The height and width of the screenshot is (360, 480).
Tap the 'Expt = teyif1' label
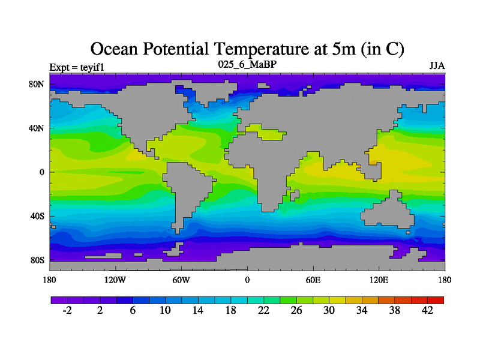(x=77, y=67)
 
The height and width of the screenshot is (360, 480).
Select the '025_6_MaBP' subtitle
(x=247, y=64)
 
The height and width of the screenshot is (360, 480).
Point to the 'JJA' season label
(x=437, y=65)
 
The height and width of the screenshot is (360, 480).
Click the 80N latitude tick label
(x=37, y=84)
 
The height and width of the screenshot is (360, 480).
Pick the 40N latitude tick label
(x=37, y=128)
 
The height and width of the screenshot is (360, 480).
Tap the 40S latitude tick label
(x=37, y=216)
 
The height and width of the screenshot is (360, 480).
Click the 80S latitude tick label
(x=37, y=260)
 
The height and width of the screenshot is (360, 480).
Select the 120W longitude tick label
(x=115, y=280)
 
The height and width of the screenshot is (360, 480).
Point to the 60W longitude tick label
(x=181, y=280)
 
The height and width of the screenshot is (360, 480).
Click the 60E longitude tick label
(x=313, y=280)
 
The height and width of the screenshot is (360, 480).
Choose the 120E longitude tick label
(x=379, y=280)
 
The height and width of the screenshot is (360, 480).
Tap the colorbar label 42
(x=427, y=310)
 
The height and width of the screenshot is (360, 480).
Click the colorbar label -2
(x=67, y=310)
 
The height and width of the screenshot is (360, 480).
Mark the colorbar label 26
(x=296, y=310)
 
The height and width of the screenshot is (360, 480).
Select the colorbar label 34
(x=362, y=310)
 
